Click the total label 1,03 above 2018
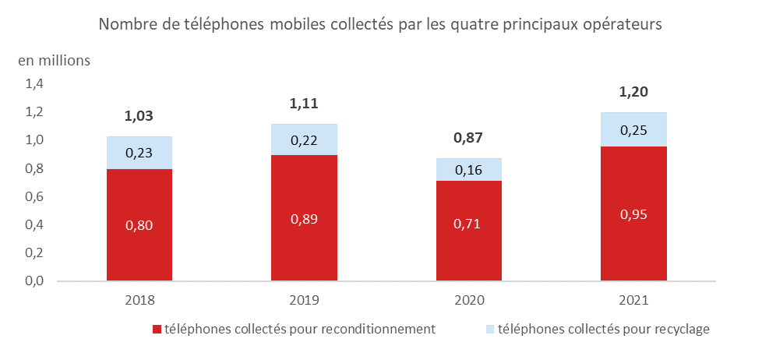tap(139, 117)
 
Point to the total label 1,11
tap(304, 104)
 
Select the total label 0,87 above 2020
tap(469, 138)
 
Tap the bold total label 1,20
tap(633, 93)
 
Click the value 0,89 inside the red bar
tap(304, 219)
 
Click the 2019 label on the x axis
tap(304, 300)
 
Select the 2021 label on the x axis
tap(633, 300)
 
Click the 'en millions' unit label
tap(55, 59)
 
